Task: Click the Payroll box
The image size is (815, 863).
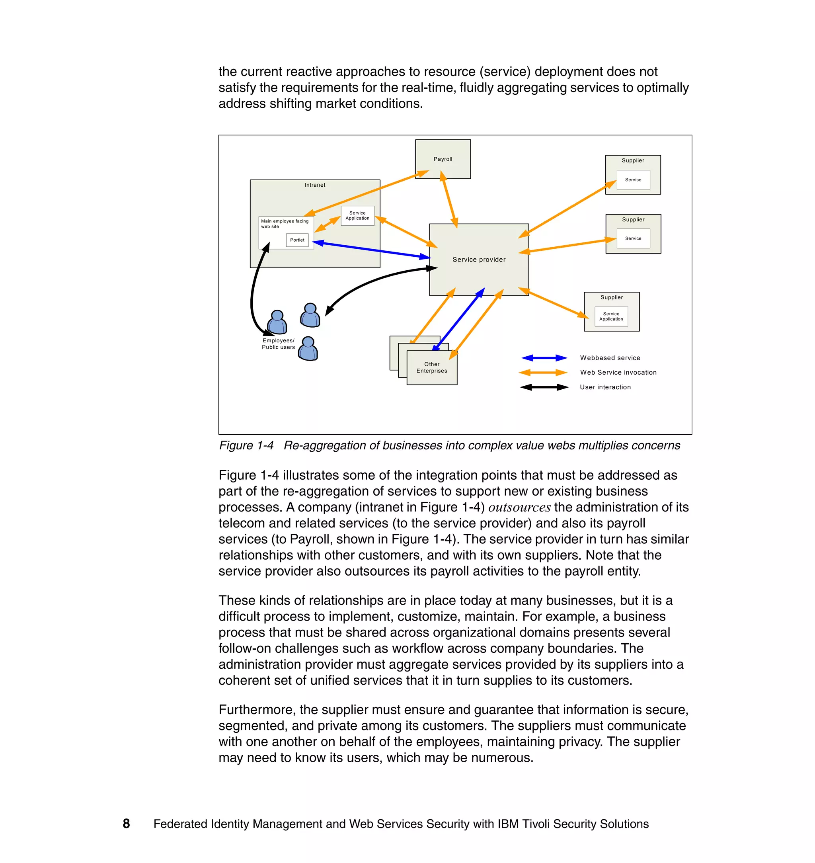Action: pyautogui.click(x=443, y=159)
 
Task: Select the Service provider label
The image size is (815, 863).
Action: pyautogui.click(x=479, y=260)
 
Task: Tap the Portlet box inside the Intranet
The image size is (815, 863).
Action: pyautogui.click(x=297, y=240)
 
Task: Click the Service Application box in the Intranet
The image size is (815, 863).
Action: pyautogui.click(x=357, y=215)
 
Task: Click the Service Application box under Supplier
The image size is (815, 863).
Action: pyautogui.click(x=611, y=316)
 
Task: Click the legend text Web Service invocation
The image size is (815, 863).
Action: pyautogui.click(x=618, y=373)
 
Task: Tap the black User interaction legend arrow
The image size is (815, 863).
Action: pyautogui.click(x=544, y=387)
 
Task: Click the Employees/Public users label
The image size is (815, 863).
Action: pyautogui.click(x=278, y=344)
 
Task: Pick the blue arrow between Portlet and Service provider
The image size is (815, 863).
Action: pyautogui.click(x=371, y=250)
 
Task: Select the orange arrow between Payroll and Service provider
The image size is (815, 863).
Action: pyautogui.click(x=449, y=199)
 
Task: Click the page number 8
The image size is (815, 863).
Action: pyautogui.click(x=127, y=824)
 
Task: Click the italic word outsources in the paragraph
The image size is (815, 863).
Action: pyautogui.click(x=519, y=508)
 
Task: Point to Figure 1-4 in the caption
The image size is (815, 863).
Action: pyautogui.click(x=246, y=445)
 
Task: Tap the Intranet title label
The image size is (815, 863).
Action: pyautogui.click(x=314, y=185)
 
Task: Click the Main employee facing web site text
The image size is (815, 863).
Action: pyautogui.click(x=284, y=223)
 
